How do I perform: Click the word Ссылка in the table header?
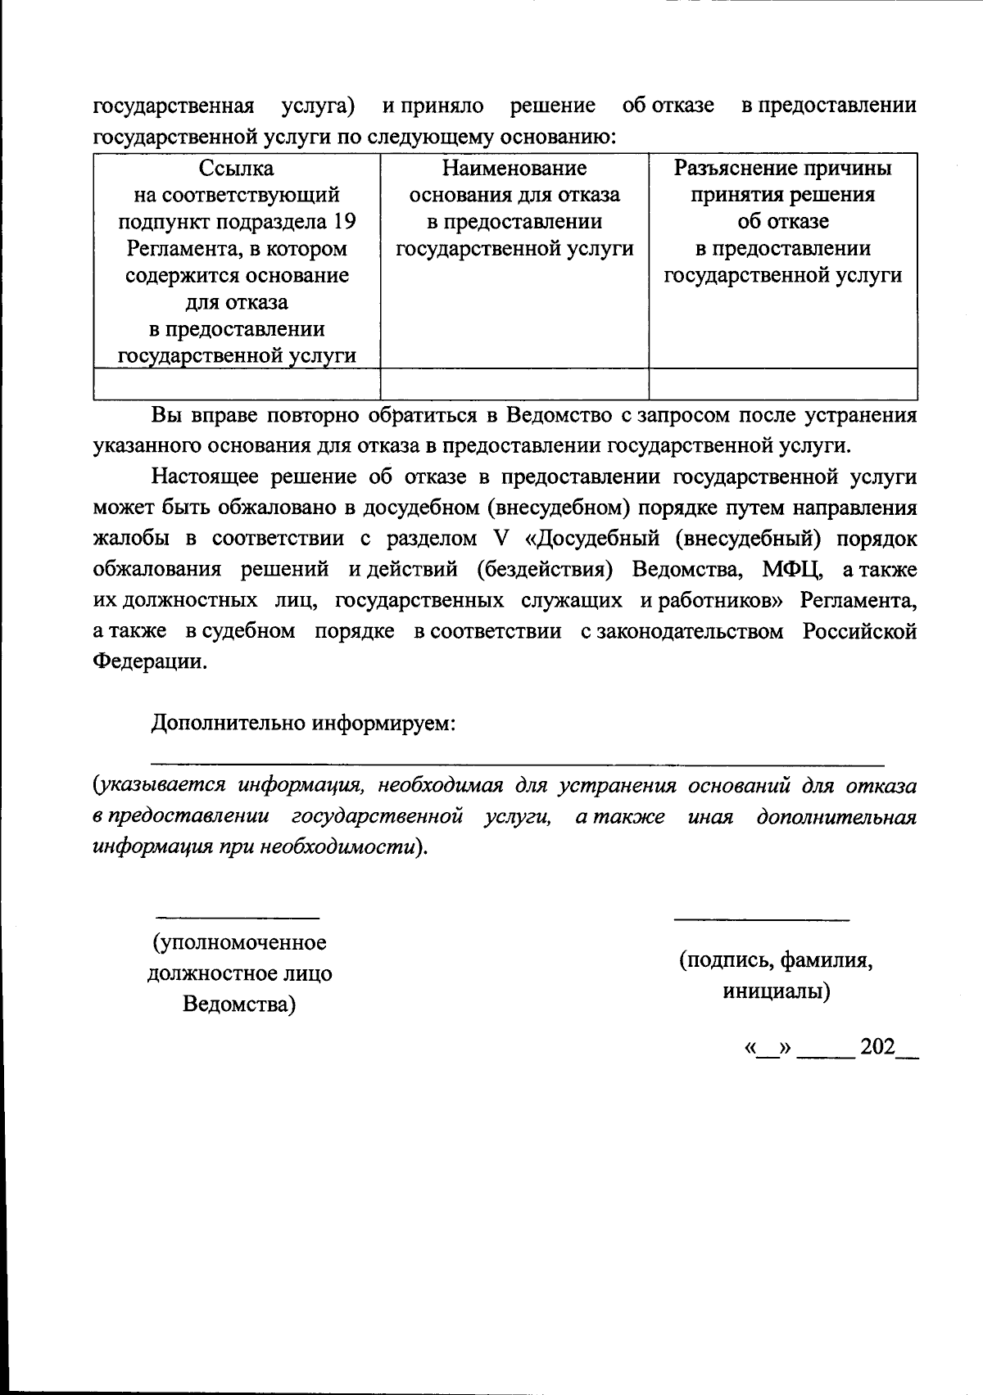point(237,169)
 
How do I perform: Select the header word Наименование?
point(514,169)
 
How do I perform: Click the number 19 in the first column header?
point(345,222)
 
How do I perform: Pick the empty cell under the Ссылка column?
point(237,383)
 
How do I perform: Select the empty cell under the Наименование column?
point(514,383)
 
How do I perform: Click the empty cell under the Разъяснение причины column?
point(782,383)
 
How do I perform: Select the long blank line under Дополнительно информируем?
point(518,765)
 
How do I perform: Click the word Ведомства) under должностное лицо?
point(238,1004)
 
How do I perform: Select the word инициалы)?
point(776,992)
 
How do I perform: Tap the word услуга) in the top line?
point(318,106)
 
